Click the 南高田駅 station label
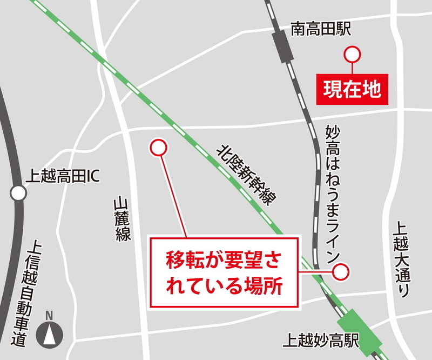321,29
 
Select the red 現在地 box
352,88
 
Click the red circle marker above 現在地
352,54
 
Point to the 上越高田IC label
64,176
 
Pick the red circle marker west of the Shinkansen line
158,147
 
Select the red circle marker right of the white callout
341,272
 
